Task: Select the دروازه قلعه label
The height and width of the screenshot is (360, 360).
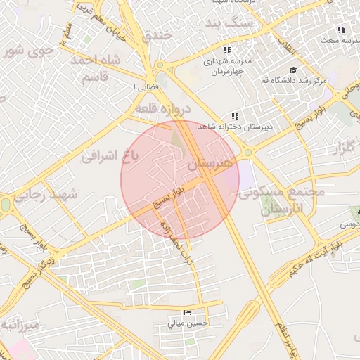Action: point(162,110)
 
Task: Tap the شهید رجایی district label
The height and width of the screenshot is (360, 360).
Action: point(53,195)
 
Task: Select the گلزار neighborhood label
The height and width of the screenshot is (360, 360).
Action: point(338,148)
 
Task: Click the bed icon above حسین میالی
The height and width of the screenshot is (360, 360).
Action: point(186,312)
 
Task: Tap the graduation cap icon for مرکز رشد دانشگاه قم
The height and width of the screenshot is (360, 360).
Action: point(292,70)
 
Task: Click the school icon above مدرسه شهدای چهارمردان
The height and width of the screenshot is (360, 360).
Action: point(227,50)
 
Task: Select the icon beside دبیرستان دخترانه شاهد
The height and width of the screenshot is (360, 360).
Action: point(234,116)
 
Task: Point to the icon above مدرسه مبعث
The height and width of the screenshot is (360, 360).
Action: point(341,30)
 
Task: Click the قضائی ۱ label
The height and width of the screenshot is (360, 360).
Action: point(143,86)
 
